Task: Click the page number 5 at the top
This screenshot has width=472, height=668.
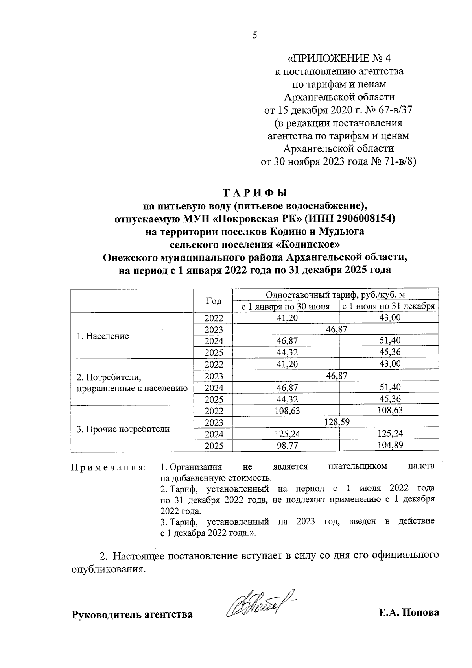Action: click(x=254, y=36)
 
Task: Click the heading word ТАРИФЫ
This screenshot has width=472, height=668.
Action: click(x=255, y=193)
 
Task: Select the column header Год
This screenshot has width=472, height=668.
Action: click(x=214, y=301)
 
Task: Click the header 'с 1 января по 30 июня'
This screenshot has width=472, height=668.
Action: click(x=286, y=306)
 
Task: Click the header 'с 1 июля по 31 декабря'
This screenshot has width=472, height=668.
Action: click(x=388, y=306)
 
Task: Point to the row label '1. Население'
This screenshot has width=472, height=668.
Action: click(x=103, y=336)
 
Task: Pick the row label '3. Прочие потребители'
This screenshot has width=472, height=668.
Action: click(x=123, y=429)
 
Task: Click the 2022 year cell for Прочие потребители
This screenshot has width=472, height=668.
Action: click(x=214, y=411)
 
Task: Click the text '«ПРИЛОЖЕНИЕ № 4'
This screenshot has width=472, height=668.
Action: click(x=339, y=59)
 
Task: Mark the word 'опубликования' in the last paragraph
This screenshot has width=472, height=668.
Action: click(x=108, y=569)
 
